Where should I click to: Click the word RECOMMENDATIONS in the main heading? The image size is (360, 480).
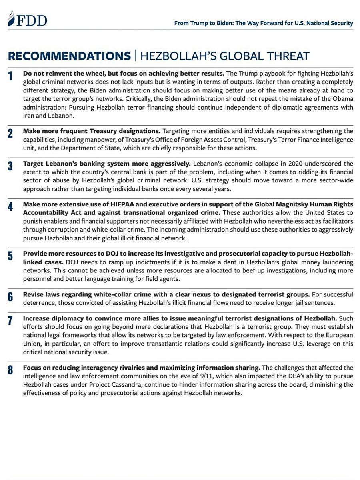[69, 56]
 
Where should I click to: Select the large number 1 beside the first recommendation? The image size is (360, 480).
[11, 76]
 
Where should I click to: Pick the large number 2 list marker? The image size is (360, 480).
[11, 134]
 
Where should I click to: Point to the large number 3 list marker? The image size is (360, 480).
[11, 166]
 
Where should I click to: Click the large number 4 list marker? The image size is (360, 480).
[11, 207]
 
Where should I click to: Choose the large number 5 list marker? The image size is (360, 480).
[11, 256]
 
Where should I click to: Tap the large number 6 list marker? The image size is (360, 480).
[11, 297]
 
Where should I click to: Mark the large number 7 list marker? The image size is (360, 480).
[11, 321]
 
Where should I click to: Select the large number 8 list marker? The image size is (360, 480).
[11, 370]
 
